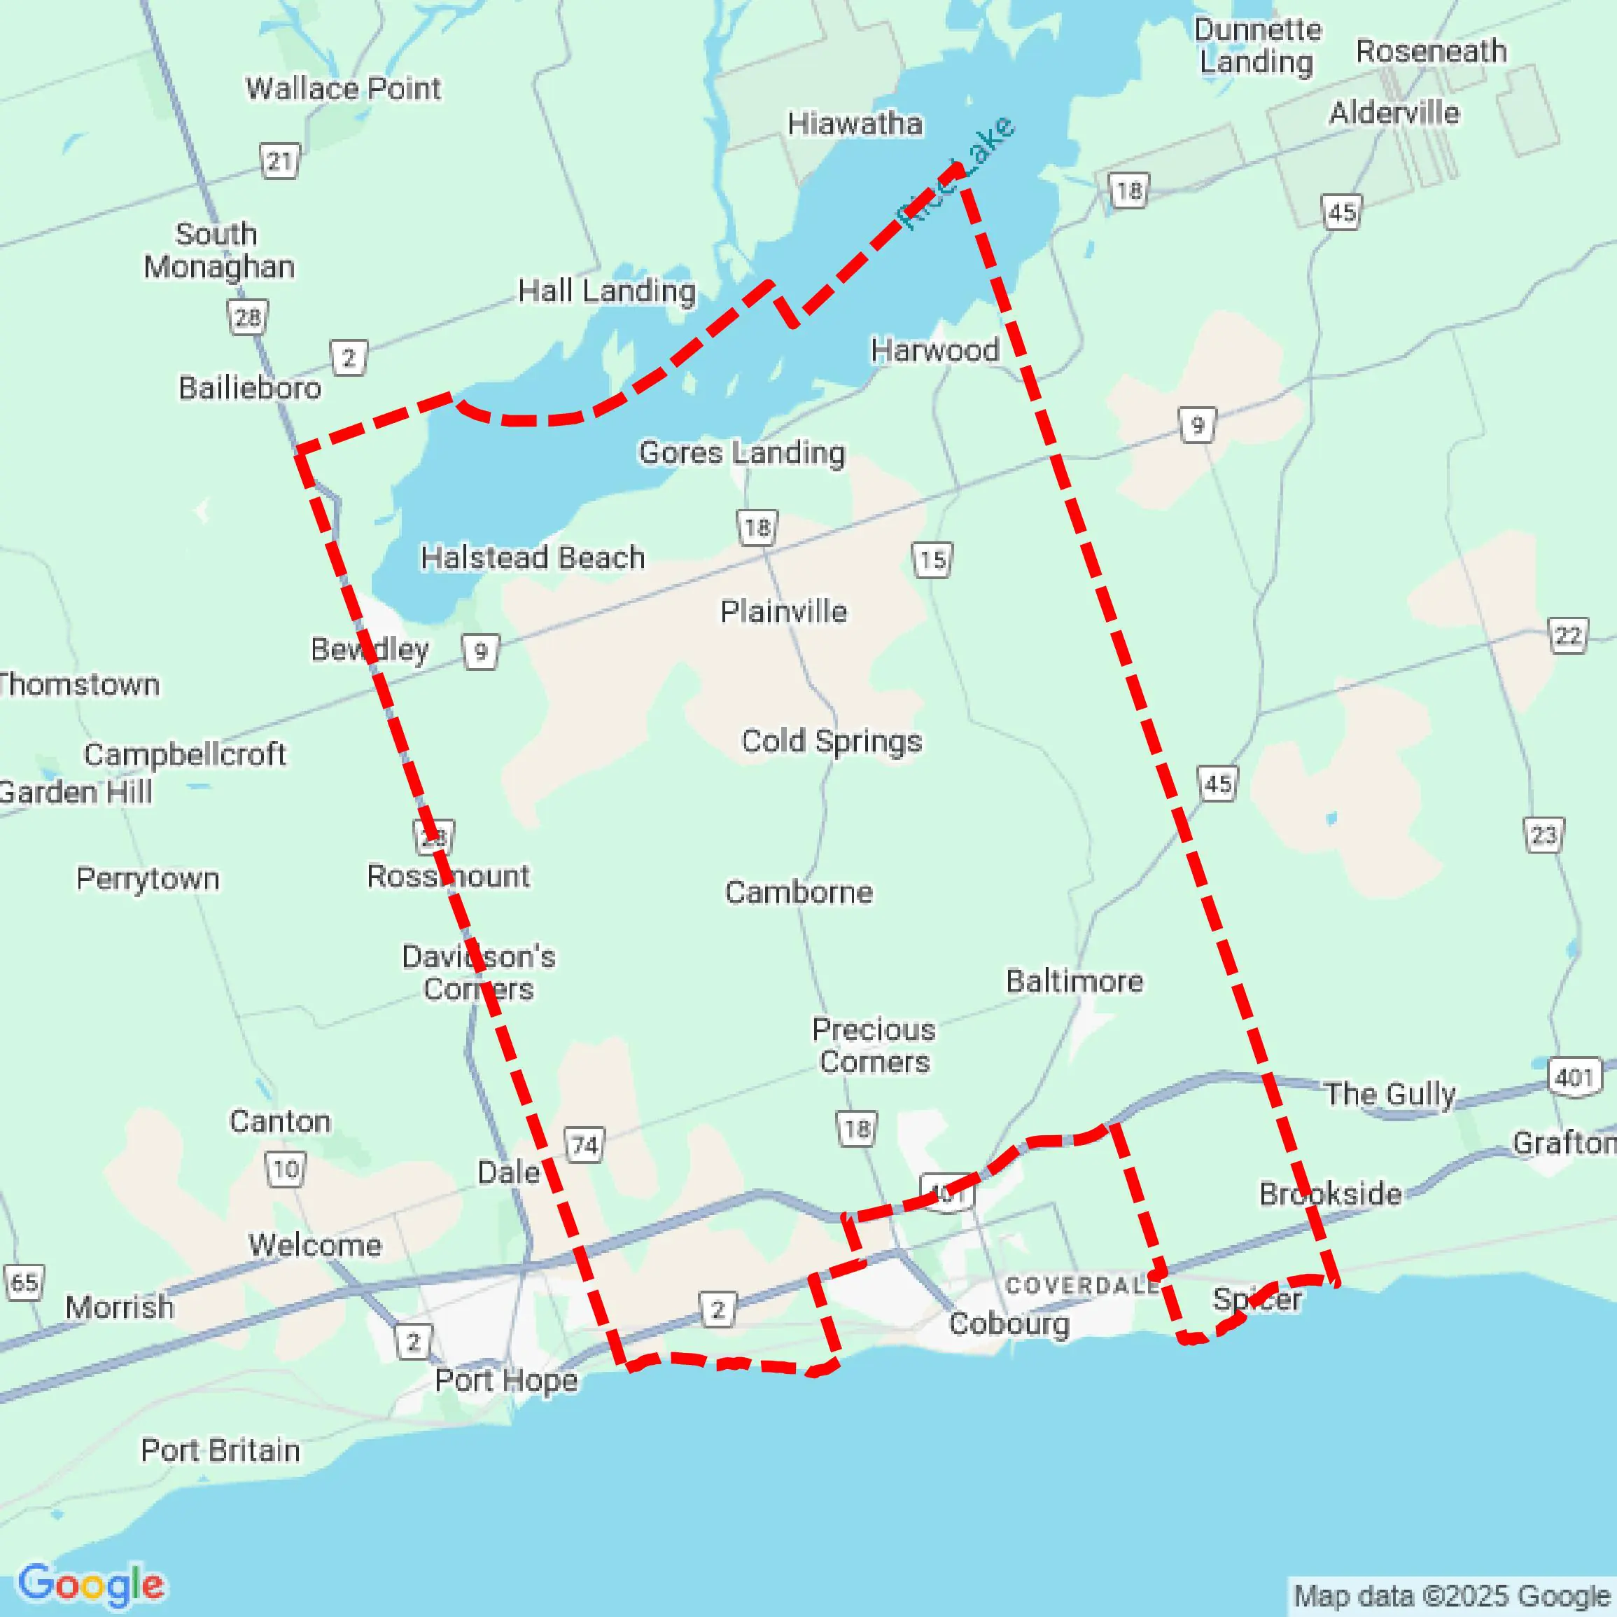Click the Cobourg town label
coord(1009,1324)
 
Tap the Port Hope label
coord(505,1380)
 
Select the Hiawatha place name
coord(855,124)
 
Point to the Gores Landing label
coord(741,453)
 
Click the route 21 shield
coord(279,161)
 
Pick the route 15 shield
coord(932,560)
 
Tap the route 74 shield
coord(584,1145)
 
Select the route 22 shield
coord(1567,637)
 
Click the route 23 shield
coord(1543,835)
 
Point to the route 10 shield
coord(286,1169)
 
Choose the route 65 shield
coord(24,1283)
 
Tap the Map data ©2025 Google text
coord(1452,1596)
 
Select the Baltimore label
coord(1074,981)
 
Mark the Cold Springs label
coord(831,742)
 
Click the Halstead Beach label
coord(532,557)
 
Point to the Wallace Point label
coord(342,89)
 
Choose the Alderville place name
coord(1394,113)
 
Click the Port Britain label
coord(220,1450)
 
